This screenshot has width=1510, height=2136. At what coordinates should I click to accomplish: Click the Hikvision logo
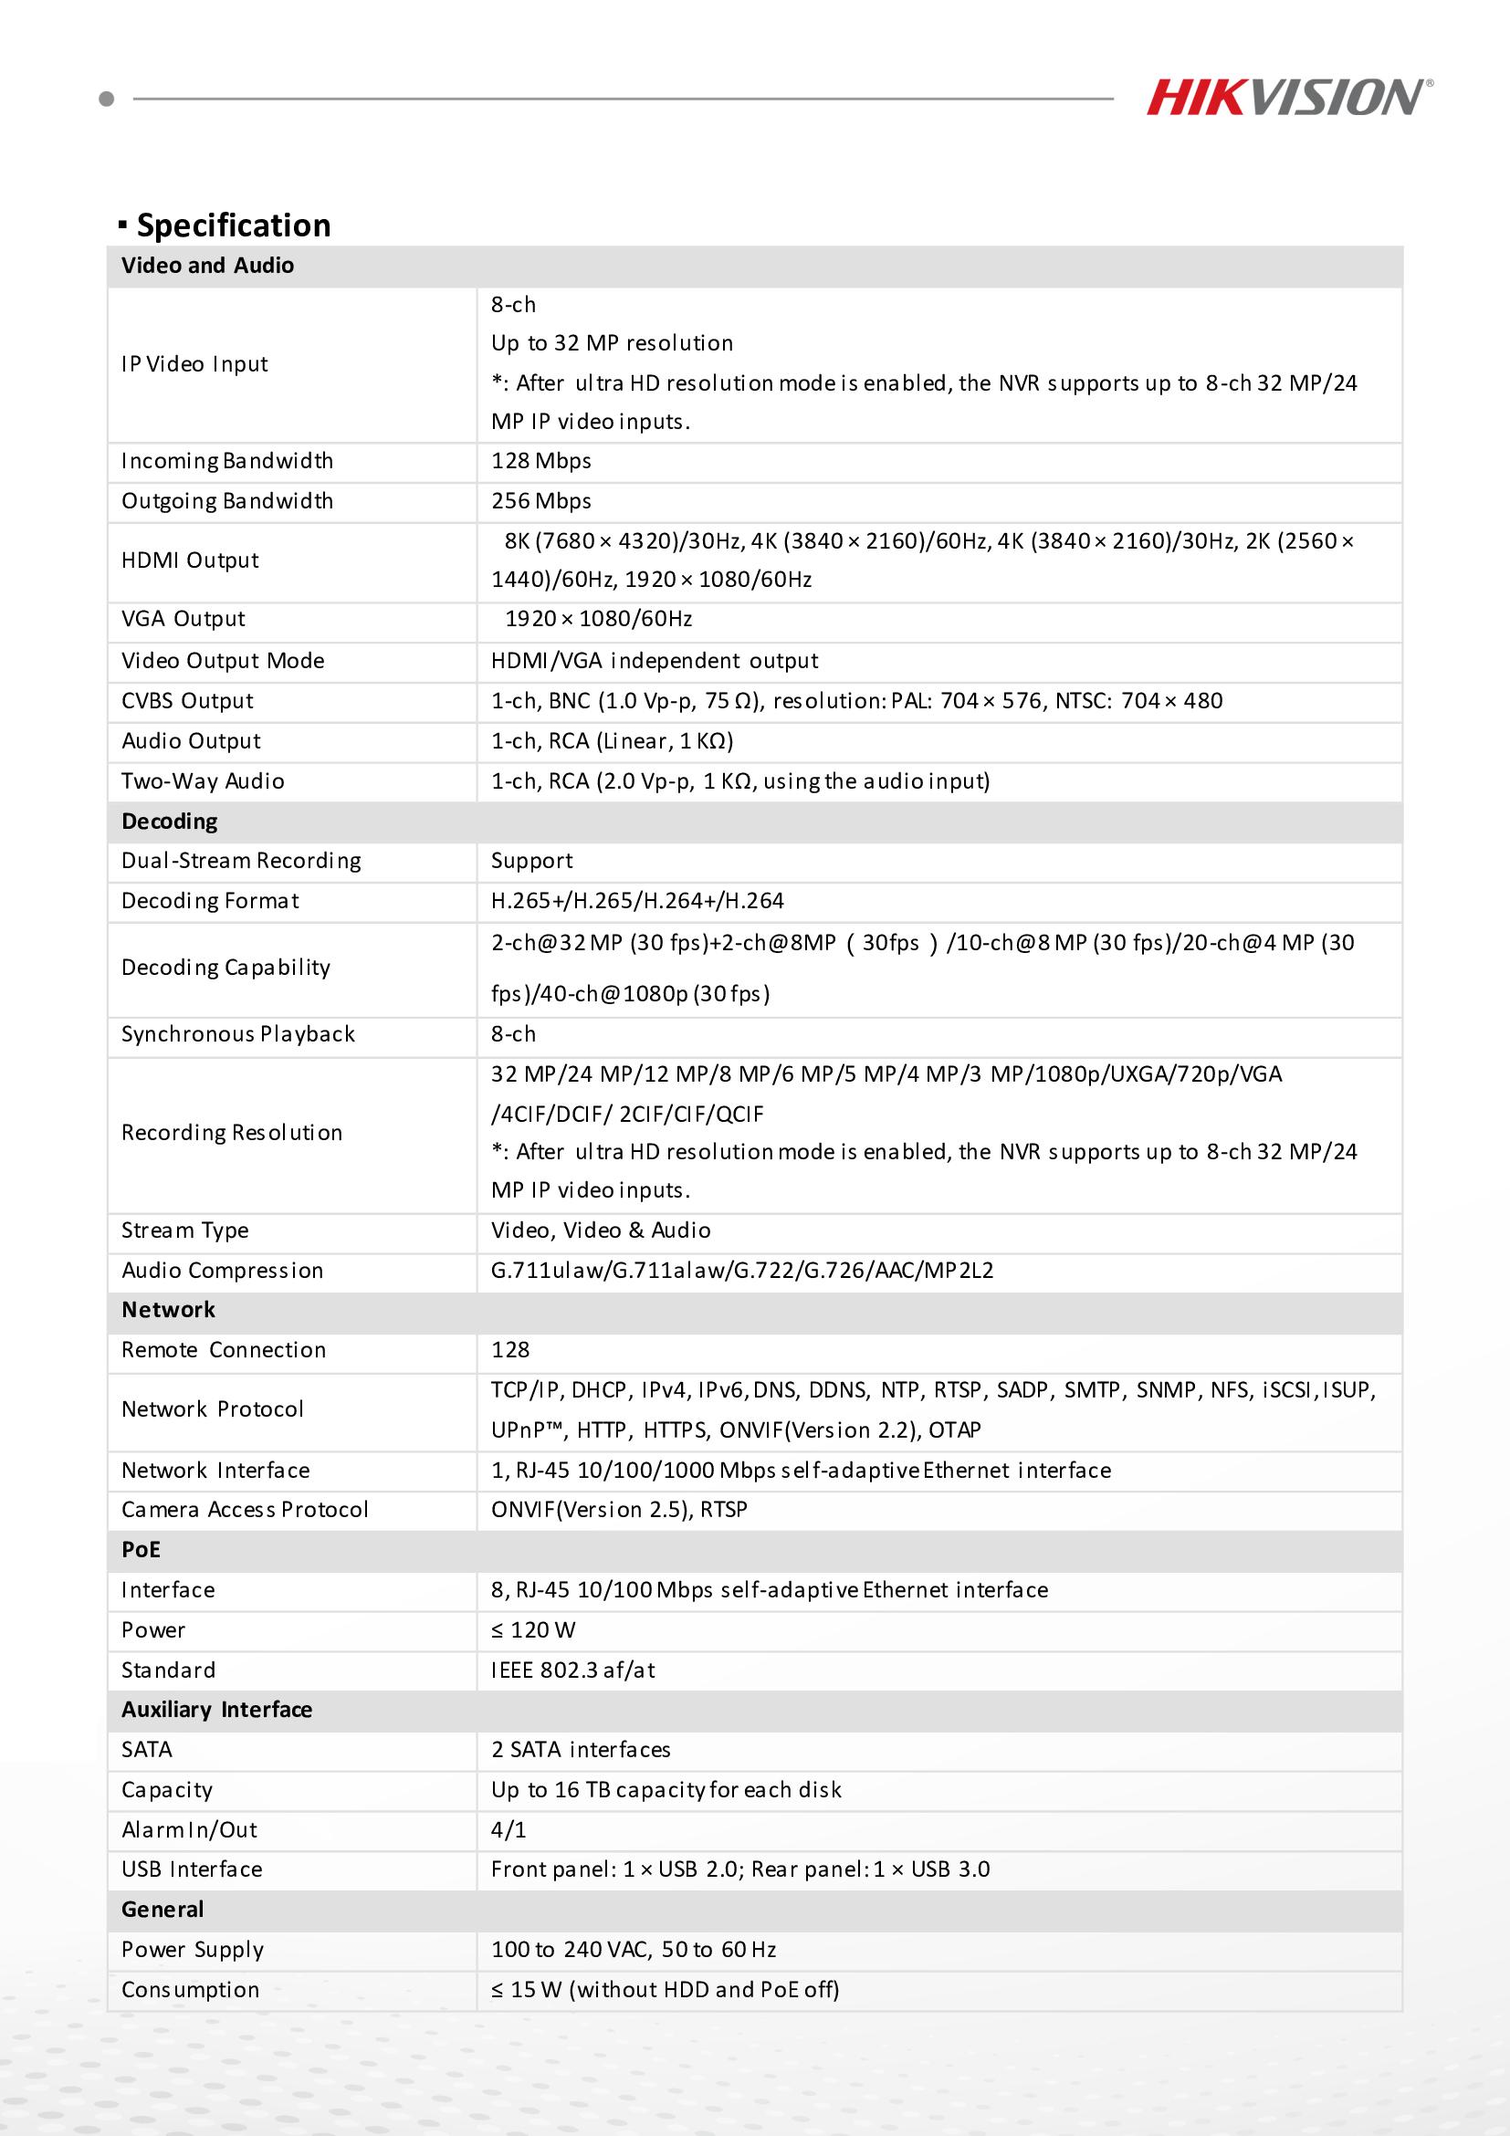tap(1287, 98)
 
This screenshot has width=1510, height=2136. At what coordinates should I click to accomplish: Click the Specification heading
tap(233, 225)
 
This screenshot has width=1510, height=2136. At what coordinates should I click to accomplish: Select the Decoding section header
tap(169, 822)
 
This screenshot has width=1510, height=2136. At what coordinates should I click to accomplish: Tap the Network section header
tap(168, 1310)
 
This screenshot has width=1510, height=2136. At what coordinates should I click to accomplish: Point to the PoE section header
tap(141, 1550)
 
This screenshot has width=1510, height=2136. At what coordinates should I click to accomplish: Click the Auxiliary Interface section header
tap(216, 1710)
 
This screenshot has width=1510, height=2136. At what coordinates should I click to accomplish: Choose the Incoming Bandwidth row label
tap(227, 462)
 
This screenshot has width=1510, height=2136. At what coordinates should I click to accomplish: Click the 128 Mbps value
tap(540, 462)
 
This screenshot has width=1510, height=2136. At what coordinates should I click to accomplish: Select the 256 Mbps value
tap(540, 501)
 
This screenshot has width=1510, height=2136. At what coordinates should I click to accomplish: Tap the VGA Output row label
tap(184, 620)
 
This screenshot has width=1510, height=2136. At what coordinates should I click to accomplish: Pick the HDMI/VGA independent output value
tap(654, 662)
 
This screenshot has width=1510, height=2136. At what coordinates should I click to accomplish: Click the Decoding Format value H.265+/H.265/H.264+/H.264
tap(637, 902)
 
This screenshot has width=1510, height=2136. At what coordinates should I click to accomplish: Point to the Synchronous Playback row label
tap(238, 1034)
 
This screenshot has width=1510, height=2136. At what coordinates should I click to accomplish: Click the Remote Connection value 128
tap(509, 1350)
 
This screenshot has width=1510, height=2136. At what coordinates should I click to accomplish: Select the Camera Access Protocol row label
tap(245, 1510)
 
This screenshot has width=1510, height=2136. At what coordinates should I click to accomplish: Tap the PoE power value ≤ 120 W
tap(533, 1630)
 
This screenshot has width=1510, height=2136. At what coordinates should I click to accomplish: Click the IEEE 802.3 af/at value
tap(572, 1670)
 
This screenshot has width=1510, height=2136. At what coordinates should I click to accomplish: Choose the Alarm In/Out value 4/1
tap(508, 1830)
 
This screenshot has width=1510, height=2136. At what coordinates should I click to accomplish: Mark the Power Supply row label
tap(193, 1949)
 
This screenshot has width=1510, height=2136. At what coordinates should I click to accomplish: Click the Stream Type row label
tap(185, 1230)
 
